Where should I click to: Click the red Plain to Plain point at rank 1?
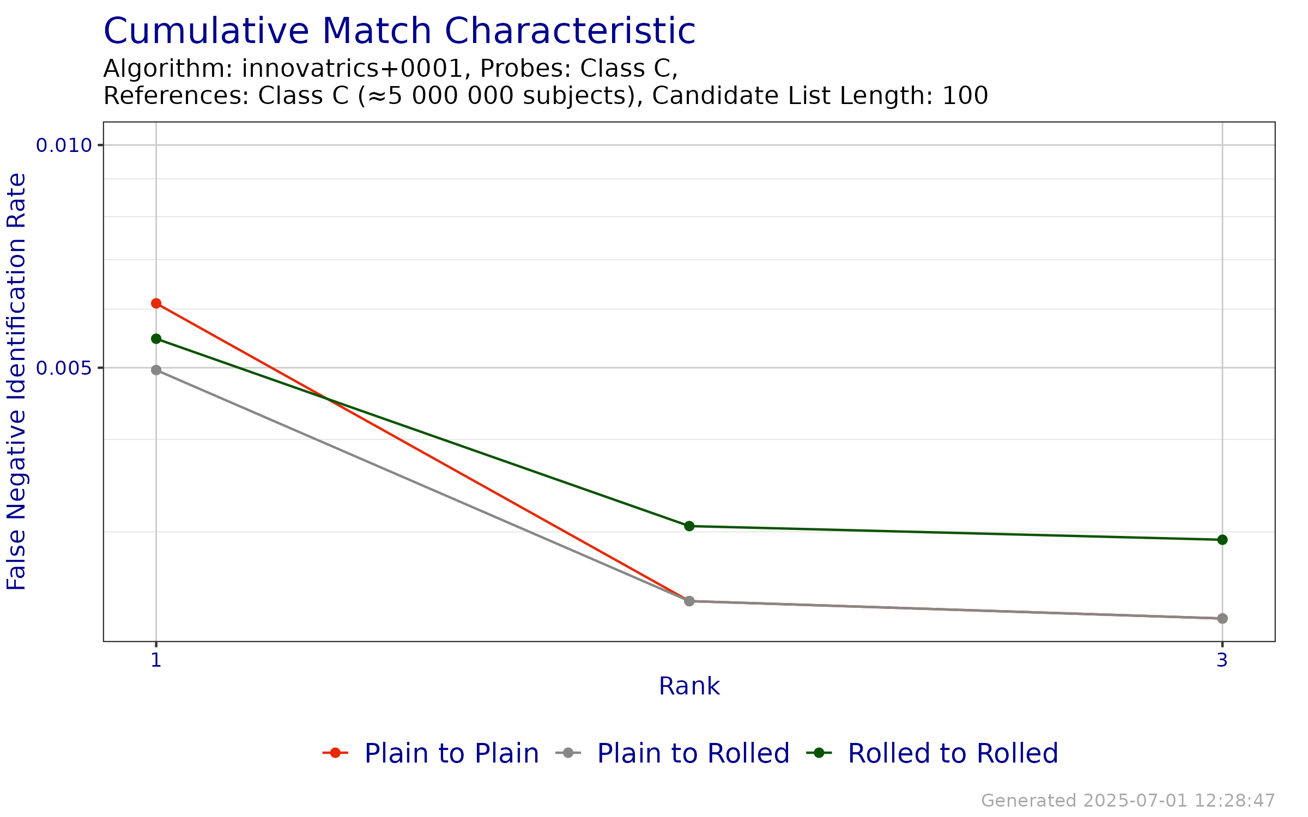pyautogui.click(x=156, y=303)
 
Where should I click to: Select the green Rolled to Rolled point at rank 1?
pyautogui.click(x=156, y=339)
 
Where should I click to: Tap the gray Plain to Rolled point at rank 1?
pyautogui.click(x=156, y=370)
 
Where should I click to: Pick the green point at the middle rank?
pyautogui.click(x=689, y=526)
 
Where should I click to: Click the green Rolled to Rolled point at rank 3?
pyautogui.click(x=1222, y=540)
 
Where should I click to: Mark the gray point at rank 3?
pyautogui.click(x=1222, y=618)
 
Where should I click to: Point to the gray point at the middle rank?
pyautogui.click(x=689, y=601)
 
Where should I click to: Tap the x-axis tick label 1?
pyautogui.click(x=156, y=660)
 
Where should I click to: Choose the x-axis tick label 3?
pyautogui.click(x=1222, y=660)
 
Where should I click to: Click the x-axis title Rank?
pyautogui.click(x=689, y=686)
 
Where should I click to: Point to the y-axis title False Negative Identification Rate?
pyautogui.click(x=17, y=381)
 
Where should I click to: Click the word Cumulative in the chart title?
pyautogui.click(x=205, y=32)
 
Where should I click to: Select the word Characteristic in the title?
pyautogui.click(x=570, y=32)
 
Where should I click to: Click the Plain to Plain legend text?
pyautogui.click(x=451, y=753)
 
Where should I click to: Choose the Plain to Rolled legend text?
pyautogui.click(x=693, y=753)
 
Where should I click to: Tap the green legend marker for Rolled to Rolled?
pyautogui.click(x=819, y=753)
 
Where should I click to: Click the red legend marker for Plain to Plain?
pyautogui.click(x=336, y=753)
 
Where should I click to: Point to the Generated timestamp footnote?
pyautogui.click(x=1128, y=801)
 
